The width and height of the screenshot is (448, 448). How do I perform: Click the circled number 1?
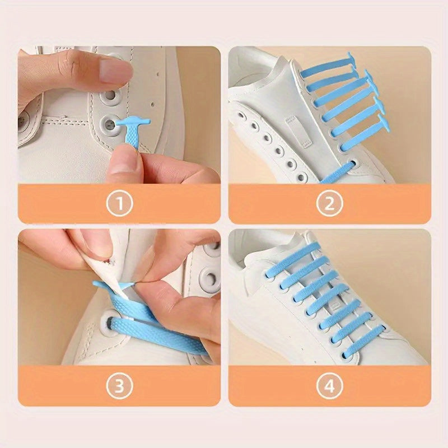click(119, 203)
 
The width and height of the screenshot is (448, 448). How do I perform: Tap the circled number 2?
click(329, 203)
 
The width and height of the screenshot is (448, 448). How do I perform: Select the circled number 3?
click(119, 385)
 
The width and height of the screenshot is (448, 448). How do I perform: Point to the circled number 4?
click(329, 385)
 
